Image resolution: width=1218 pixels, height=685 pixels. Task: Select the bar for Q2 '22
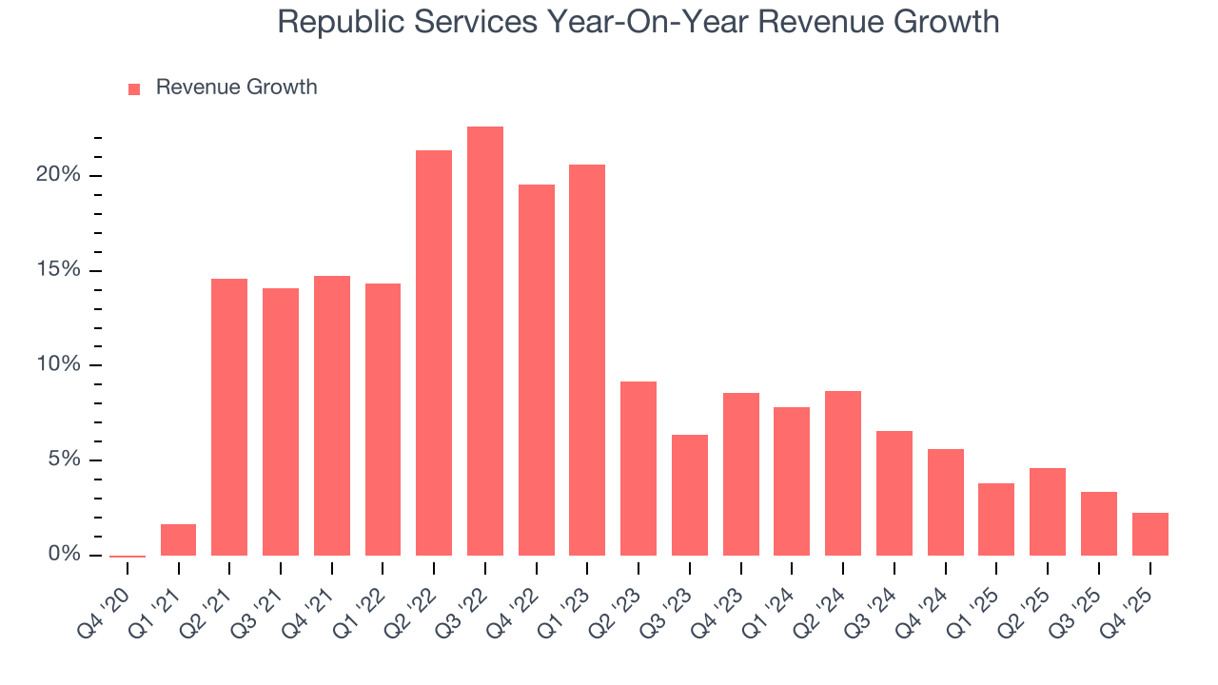[x=434, y=353]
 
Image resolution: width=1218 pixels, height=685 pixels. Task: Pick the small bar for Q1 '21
[x=178, y=539]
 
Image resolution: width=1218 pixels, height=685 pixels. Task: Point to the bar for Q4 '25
[x=1149, y=534]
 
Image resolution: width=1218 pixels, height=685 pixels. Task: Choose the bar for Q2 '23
[x=638, y=468]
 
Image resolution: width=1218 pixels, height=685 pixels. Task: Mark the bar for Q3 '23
[x=690, y=495]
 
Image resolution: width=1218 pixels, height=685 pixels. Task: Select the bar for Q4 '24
[x=946, y=502]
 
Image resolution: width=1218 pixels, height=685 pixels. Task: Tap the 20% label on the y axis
[x=58, y=175]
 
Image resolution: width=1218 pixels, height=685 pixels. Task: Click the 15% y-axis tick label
[x=58, y=270]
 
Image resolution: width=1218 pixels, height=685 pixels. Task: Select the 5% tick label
[x=63, y=460]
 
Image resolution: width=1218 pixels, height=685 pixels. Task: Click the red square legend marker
[x=134, y=88]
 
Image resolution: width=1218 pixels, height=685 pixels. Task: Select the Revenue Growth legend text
[x=236, y=88]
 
